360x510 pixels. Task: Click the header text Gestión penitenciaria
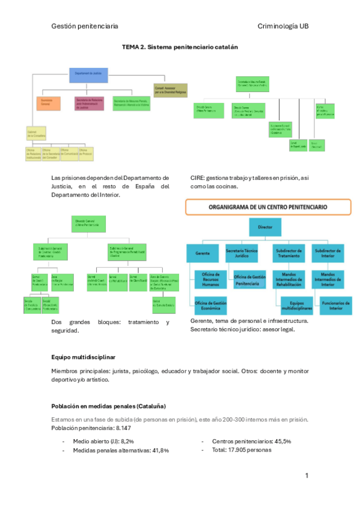(x=84, y=26)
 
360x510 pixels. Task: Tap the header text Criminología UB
(x=283, y=26)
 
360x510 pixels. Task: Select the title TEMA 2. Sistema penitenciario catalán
(x=176, y=47)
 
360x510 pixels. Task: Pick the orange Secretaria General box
(x=49, y=103)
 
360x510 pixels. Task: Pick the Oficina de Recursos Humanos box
(x=211, y=279)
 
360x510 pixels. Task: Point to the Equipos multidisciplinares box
(x=292, y=305)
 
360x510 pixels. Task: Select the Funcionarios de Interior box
(x=335, y=305)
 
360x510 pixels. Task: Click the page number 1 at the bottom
(x=307, y=476)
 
